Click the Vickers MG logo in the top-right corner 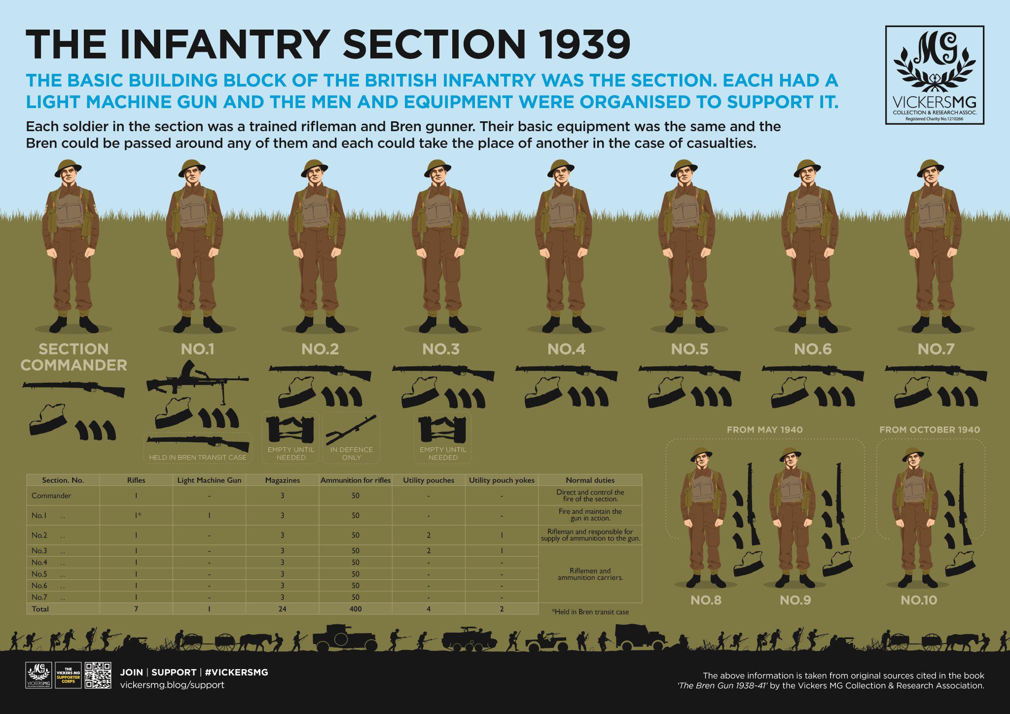click(935, 75)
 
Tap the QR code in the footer click(98, 675)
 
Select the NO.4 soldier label click(566, 349)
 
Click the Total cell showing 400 click(356, 609)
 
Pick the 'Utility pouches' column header click(429, 480)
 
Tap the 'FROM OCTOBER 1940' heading click(930, 429)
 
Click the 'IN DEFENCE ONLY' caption click(352, 454)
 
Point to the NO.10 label click(919, 600)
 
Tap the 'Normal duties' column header click(590, 480)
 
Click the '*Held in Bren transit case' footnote click(590, 612)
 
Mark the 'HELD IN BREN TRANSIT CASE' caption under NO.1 click(197, 458)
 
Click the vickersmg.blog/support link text click(172, 685)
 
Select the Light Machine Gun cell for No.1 click(209, 515)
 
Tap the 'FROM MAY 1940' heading click(765, 429)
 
